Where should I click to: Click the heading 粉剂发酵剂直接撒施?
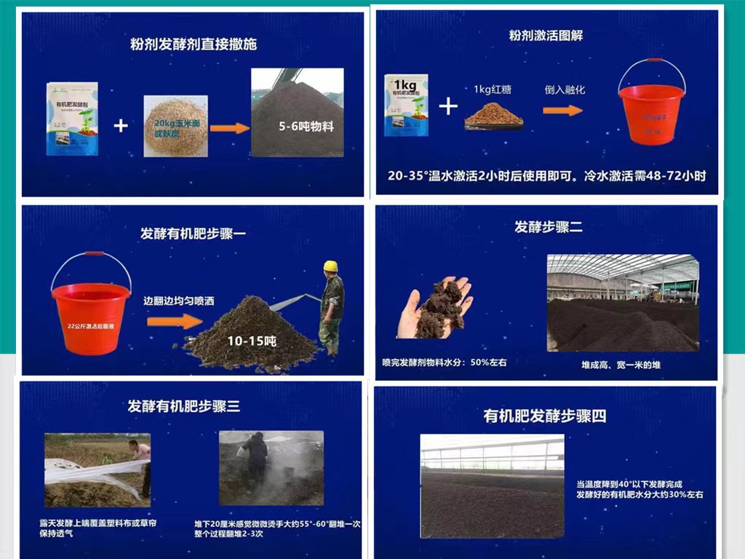pos(193,44)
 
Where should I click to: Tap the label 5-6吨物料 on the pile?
pos(306,127)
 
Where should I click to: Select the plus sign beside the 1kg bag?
pos(449,107)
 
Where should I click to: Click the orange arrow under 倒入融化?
pos(563,110)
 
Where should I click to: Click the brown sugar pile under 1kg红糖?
pos(494,114)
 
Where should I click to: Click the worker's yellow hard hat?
pos(330,266)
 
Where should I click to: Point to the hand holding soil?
pos(434,309)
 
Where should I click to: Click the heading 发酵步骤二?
pos(549,227)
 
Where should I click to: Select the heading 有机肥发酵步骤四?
pos(545,416)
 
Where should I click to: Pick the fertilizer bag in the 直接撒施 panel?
pos(72,118)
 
